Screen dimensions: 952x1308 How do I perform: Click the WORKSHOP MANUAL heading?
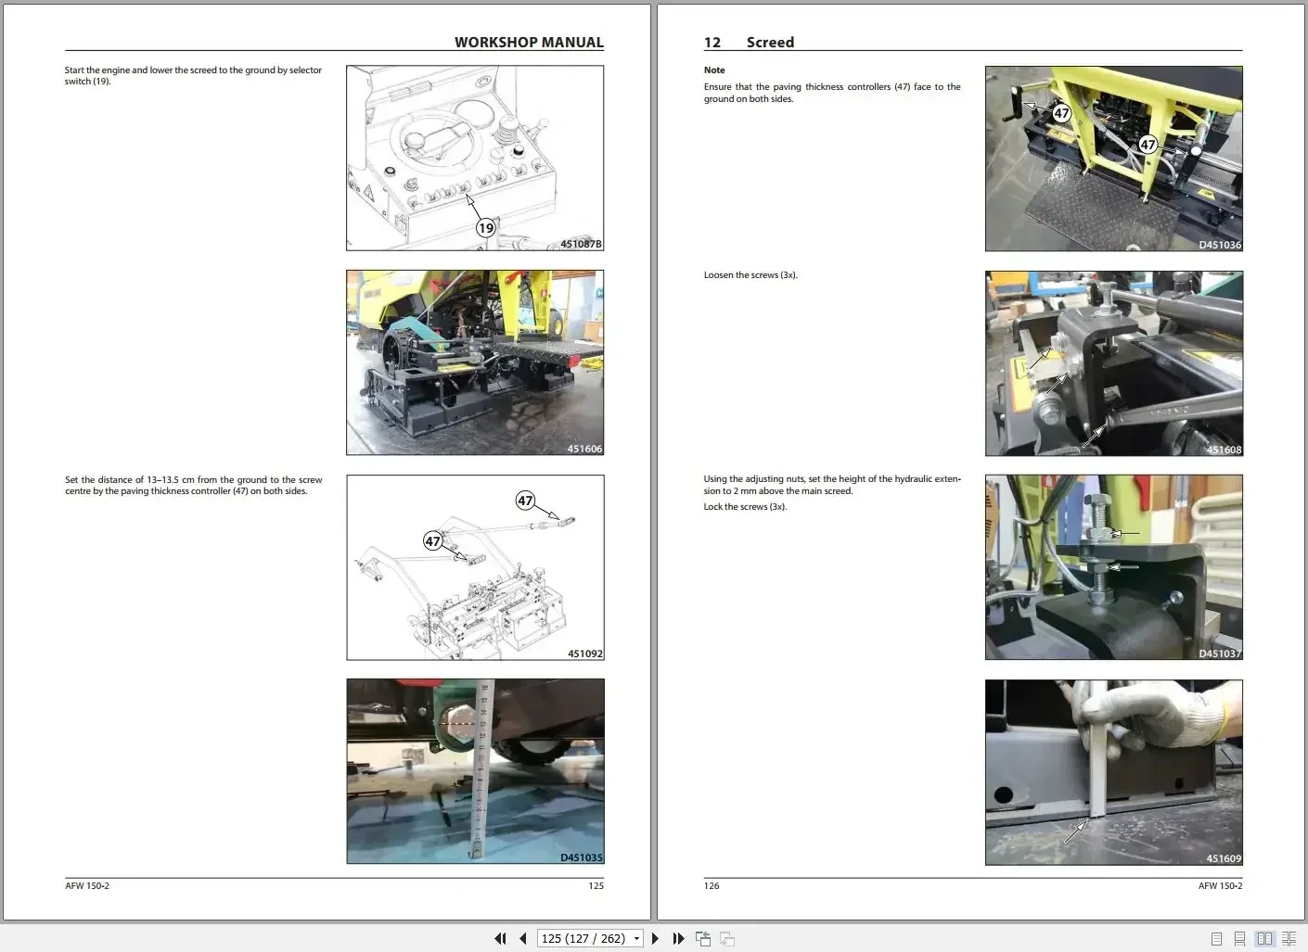coord(529,43)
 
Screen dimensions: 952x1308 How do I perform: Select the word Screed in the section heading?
coord(770,43)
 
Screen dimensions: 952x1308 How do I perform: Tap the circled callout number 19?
coord(485,228)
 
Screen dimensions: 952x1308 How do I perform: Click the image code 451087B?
coord(581,244)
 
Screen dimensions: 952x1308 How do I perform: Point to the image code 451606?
coord(584,449)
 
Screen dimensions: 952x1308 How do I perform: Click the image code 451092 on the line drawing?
coord(584,654)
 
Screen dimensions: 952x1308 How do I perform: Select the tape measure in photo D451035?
coord(481,769)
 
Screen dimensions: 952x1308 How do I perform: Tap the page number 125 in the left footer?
coord(596,886)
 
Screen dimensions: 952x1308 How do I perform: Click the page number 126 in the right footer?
coord(712,886)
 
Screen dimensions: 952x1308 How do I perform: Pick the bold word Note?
coord(714,70)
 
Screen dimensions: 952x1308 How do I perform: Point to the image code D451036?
coord(1219,245)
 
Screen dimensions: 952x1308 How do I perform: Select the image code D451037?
coord(1219,654)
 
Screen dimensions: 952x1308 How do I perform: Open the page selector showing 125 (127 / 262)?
coord(591,938)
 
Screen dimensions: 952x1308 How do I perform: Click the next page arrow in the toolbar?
coord(655,938)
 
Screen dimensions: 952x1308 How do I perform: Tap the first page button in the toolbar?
coord(500,938)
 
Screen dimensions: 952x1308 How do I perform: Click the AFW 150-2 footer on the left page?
coord(87,886)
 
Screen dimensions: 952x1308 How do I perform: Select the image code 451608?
coord(1223,450)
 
